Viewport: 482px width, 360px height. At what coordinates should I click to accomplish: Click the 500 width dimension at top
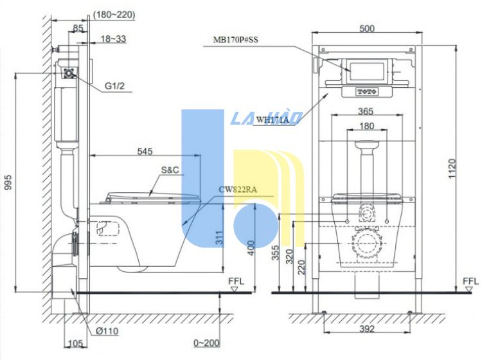click(367, 28)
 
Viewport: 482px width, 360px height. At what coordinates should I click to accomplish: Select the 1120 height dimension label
click(452, 168)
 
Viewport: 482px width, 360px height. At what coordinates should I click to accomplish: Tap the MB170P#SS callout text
click(236, 40)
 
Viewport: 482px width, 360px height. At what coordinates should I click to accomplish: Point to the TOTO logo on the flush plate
click(367, 92)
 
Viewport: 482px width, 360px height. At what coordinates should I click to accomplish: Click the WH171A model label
click(272, 120)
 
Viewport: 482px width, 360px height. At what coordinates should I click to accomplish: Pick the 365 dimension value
click(366, 111)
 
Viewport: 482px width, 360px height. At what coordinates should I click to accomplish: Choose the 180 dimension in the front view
click(366, 126)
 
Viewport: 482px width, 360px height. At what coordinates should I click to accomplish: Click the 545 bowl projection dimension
click(145, 151)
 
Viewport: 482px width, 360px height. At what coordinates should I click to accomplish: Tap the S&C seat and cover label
click(170, 170)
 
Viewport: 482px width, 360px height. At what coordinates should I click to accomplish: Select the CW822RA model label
click(238, 190)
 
